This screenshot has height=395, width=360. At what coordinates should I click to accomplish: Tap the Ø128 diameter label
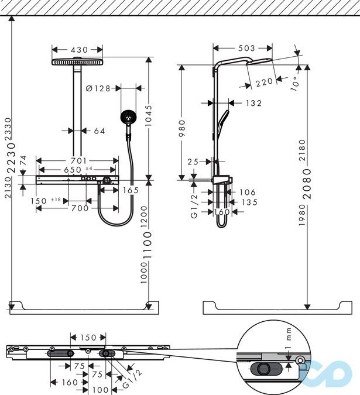pos(98,88)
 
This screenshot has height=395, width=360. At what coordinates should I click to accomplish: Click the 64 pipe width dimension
pos(100,131)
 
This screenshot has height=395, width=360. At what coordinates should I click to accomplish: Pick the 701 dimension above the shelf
pos(79,160)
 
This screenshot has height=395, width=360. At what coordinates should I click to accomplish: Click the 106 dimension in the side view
pos(248,192)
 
